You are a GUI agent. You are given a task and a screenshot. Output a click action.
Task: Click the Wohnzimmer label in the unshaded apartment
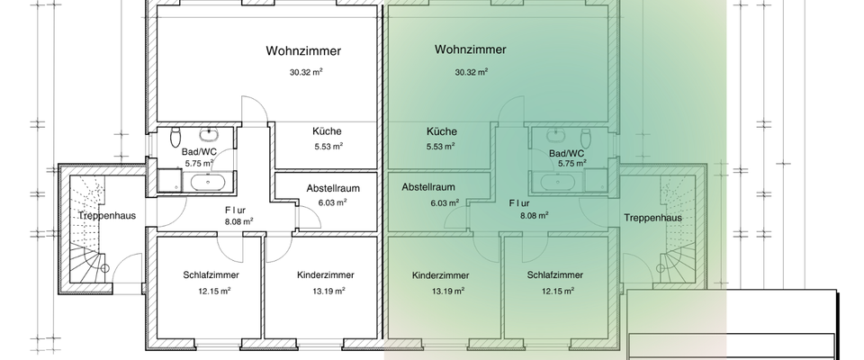point(303,50)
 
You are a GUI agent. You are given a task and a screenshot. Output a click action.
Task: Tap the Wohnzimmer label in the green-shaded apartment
point(469,49)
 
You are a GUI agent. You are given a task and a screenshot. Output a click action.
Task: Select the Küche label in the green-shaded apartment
point(441,130)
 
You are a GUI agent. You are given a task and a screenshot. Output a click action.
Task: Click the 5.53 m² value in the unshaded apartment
point(327,146)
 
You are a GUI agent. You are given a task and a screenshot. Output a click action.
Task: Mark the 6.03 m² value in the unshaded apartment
point(332,202)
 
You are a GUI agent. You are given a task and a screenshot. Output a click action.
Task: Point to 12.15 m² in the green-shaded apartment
point(554,291)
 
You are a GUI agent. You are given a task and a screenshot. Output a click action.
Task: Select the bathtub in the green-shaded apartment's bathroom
point(560,182)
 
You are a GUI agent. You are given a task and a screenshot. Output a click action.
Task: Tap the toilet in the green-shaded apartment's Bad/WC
point(586,138)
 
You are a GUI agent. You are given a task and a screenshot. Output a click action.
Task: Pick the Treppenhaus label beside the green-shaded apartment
point(652,218)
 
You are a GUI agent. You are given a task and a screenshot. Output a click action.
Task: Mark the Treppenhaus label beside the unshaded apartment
point(99,216)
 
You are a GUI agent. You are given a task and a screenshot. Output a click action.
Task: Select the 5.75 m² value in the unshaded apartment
point(199,165)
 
